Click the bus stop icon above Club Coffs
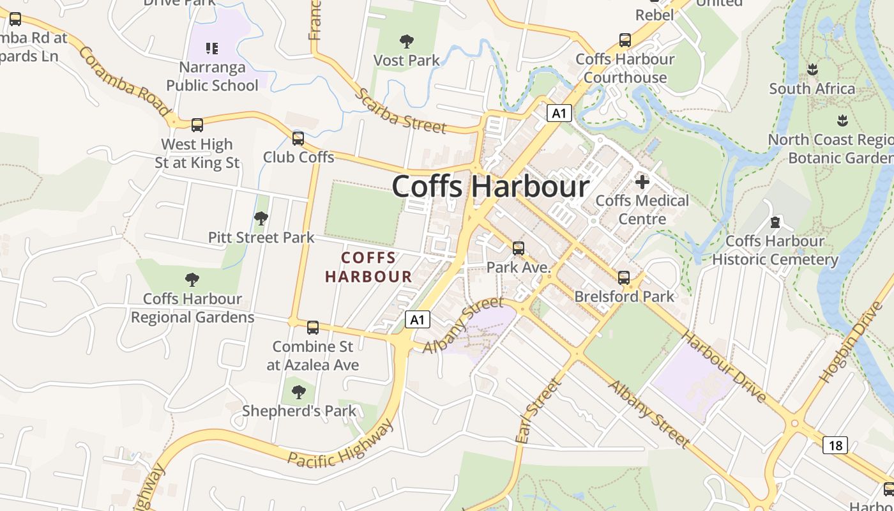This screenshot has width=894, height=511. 298,138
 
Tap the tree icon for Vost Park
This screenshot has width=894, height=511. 406,42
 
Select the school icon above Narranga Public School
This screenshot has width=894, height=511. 212,48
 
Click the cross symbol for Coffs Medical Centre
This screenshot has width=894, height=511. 642,182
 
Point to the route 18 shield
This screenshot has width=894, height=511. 835,445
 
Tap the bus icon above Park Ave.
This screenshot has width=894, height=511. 519,248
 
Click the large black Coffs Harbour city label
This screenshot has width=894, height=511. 490,187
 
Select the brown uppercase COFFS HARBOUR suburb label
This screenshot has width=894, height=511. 368,268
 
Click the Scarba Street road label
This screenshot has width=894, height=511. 400,111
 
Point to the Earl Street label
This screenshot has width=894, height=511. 538,411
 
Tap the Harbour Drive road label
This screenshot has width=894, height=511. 724,367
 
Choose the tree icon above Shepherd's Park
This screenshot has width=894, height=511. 298,392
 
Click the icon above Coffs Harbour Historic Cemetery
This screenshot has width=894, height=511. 775,222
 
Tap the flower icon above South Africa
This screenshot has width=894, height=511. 812,69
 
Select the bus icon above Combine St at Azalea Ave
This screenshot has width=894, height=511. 313,328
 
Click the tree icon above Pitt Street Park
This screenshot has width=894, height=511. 261,218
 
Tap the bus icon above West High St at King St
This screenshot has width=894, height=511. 197,125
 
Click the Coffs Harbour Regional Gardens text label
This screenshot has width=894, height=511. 192,308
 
